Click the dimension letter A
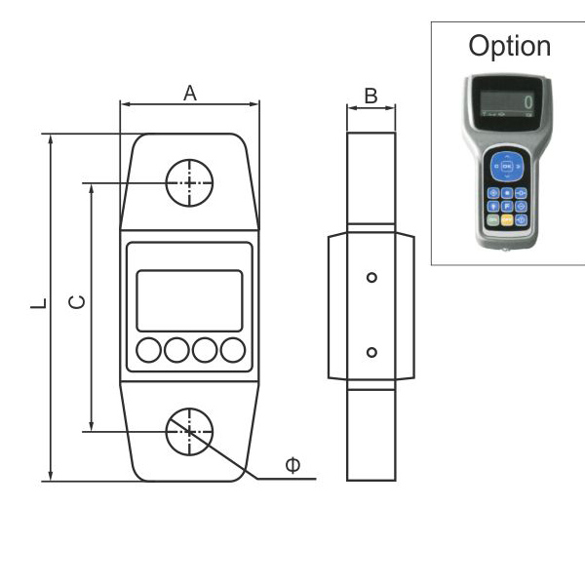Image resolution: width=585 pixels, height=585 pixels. (x=190, y=94)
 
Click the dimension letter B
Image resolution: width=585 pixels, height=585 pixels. (x=370, y=96)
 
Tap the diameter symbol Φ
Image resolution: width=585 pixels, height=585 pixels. (x=292, y=465)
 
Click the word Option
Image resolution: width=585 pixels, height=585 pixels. (x=509, y=46)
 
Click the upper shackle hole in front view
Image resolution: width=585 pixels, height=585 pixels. (x=189, y=182)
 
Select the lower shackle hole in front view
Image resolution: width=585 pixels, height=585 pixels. (x=189, y=431)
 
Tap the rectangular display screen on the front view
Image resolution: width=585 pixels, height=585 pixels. (x=189, y=300)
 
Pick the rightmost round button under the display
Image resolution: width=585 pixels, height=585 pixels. (x=232, y=349)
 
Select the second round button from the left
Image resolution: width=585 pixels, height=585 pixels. (x=176, y=349)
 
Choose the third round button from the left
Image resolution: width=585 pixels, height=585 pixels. (x=205, y=349)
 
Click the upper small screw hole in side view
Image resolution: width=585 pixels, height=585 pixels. (x=370, y=278)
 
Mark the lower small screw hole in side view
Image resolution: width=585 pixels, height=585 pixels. (x=370, y=352)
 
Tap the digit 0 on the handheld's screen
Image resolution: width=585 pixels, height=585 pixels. (x=527, y=101)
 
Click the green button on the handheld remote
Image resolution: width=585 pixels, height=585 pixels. (x=493, y=221)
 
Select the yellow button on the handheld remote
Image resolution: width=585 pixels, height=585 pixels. (x=507, y=221)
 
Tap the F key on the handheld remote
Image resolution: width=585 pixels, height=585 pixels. (x=507, y=207)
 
